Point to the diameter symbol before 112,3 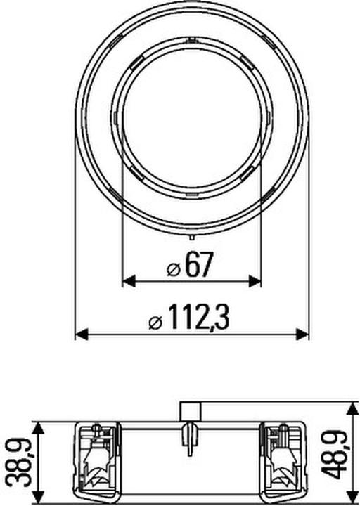tap(156, 323)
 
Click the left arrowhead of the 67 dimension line tap(128, 281)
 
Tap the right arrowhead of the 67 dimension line tap(256, 281)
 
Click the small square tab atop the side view tap(191, 411)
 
